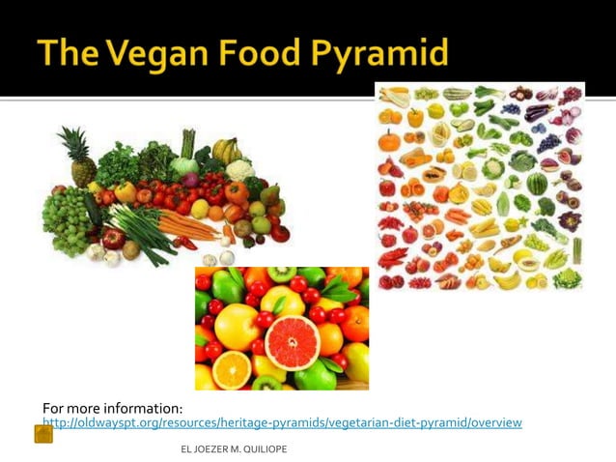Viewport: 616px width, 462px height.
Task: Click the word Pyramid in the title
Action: pyautogui.click(x=384, y=54)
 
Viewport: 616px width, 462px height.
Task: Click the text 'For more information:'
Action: pyautogui.click(x=113, y=408)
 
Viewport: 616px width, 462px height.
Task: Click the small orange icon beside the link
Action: pyautogui.click(x=43, y=434)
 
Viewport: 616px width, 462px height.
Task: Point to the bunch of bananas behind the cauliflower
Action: pyautogui.click(x=226, y=150)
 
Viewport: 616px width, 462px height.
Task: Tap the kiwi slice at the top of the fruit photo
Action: pyautogui.click(x=281, y=274)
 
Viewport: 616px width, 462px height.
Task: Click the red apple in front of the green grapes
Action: pyautogui.click(x=113, y=238)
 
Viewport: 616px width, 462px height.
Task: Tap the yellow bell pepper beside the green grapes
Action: pyautogui.click(x=126, y=192)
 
